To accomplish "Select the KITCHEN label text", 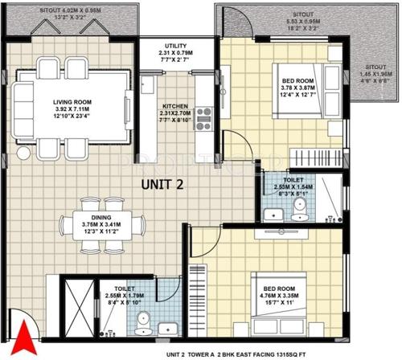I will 175,105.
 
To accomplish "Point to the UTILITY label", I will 176,46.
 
